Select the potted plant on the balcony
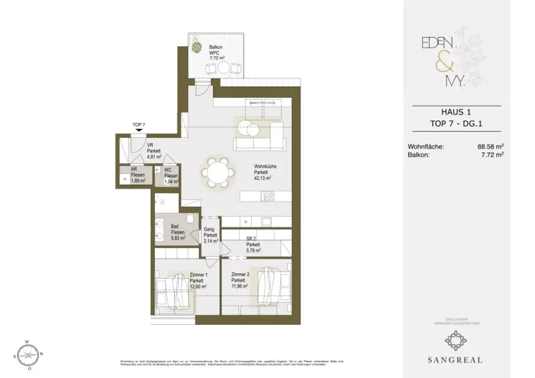[x=197, y=45]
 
